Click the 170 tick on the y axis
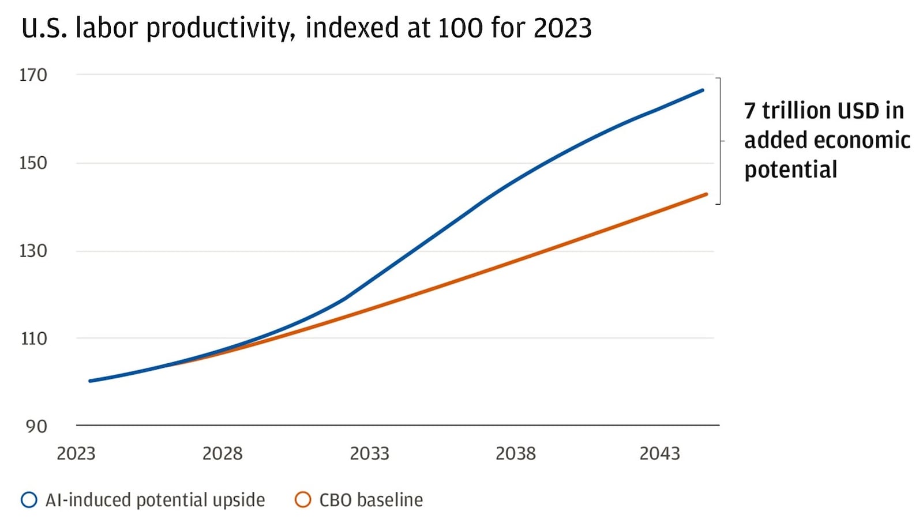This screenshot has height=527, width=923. click(33, 75)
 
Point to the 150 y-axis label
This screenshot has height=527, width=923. click(33, 163)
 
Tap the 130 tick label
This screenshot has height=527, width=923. click(33, 251)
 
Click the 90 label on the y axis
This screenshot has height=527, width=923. click(36, 427)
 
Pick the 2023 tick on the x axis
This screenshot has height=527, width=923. click(76, 454)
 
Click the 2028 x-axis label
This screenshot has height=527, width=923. click(222, 454)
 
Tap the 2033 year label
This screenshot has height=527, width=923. click(369, 454)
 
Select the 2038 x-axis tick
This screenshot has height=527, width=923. click(515, 454)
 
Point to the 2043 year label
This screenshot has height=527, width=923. click(659, 454)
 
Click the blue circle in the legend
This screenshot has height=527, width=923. click(29, 500)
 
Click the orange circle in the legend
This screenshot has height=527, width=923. click(303, 500)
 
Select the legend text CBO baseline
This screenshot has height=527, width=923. click(371, 500)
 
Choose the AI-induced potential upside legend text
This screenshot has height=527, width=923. click(155, 500)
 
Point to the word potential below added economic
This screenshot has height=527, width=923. click(790, 170)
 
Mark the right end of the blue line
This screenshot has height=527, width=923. click(703, 90)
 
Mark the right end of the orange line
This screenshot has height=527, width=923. click(707, 194)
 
